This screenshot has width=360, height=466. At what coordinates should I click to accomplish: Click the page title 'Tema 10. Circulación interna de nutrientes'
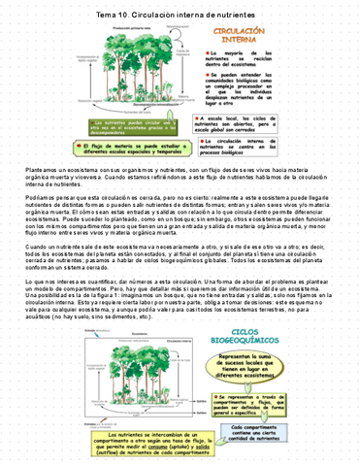point(180,17)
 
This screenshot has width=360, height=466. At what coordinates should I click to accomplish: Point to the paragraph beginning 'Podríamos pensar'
point(180,219)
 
